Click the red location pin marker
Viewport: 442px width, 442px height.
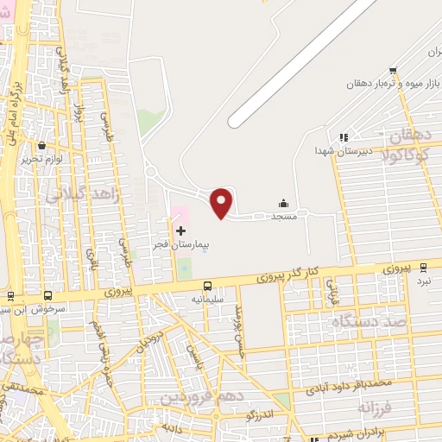click(222, 203)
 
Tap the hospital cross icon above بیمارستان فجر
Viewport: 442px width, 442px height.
click(180, 230)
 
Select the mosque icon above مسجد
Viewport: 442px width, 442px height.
click(284, 204)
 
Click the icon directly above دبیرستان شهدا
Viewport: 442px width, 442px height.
click(343, 136)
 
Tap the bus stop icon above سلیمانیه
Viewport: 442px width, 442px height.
click(207, 286)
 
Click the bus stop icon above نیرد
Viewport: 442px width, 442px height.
click(423, 268)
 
